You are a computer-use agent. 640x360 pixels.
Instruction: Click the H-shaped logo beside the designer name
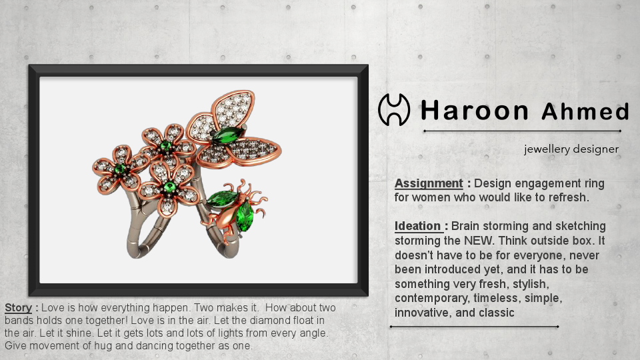(x=393, y=110)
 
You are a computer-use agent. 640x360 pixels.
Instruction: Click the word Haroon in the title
(x=475, y=110)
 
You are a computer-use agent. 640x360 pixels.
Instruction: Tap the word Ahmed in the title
(x=585, y=111)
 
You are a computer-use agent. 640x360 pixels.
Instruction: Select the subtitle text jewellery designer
(x=571, y=149)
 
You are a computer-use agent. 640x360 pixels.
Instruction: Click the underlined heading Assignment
(x=428, y=183)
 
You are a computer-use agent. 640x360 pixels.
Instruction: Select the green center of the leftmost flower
(x=121, y=169)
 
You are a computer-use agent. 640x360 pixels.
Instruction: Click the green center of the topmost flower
(x=166, y=145)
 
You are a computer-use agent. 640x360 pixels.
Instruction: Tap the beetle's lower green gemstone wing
(x=245, y=216)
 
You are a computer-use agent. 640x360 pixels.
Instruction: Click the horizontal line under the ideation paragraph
(x=474, y=327)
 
